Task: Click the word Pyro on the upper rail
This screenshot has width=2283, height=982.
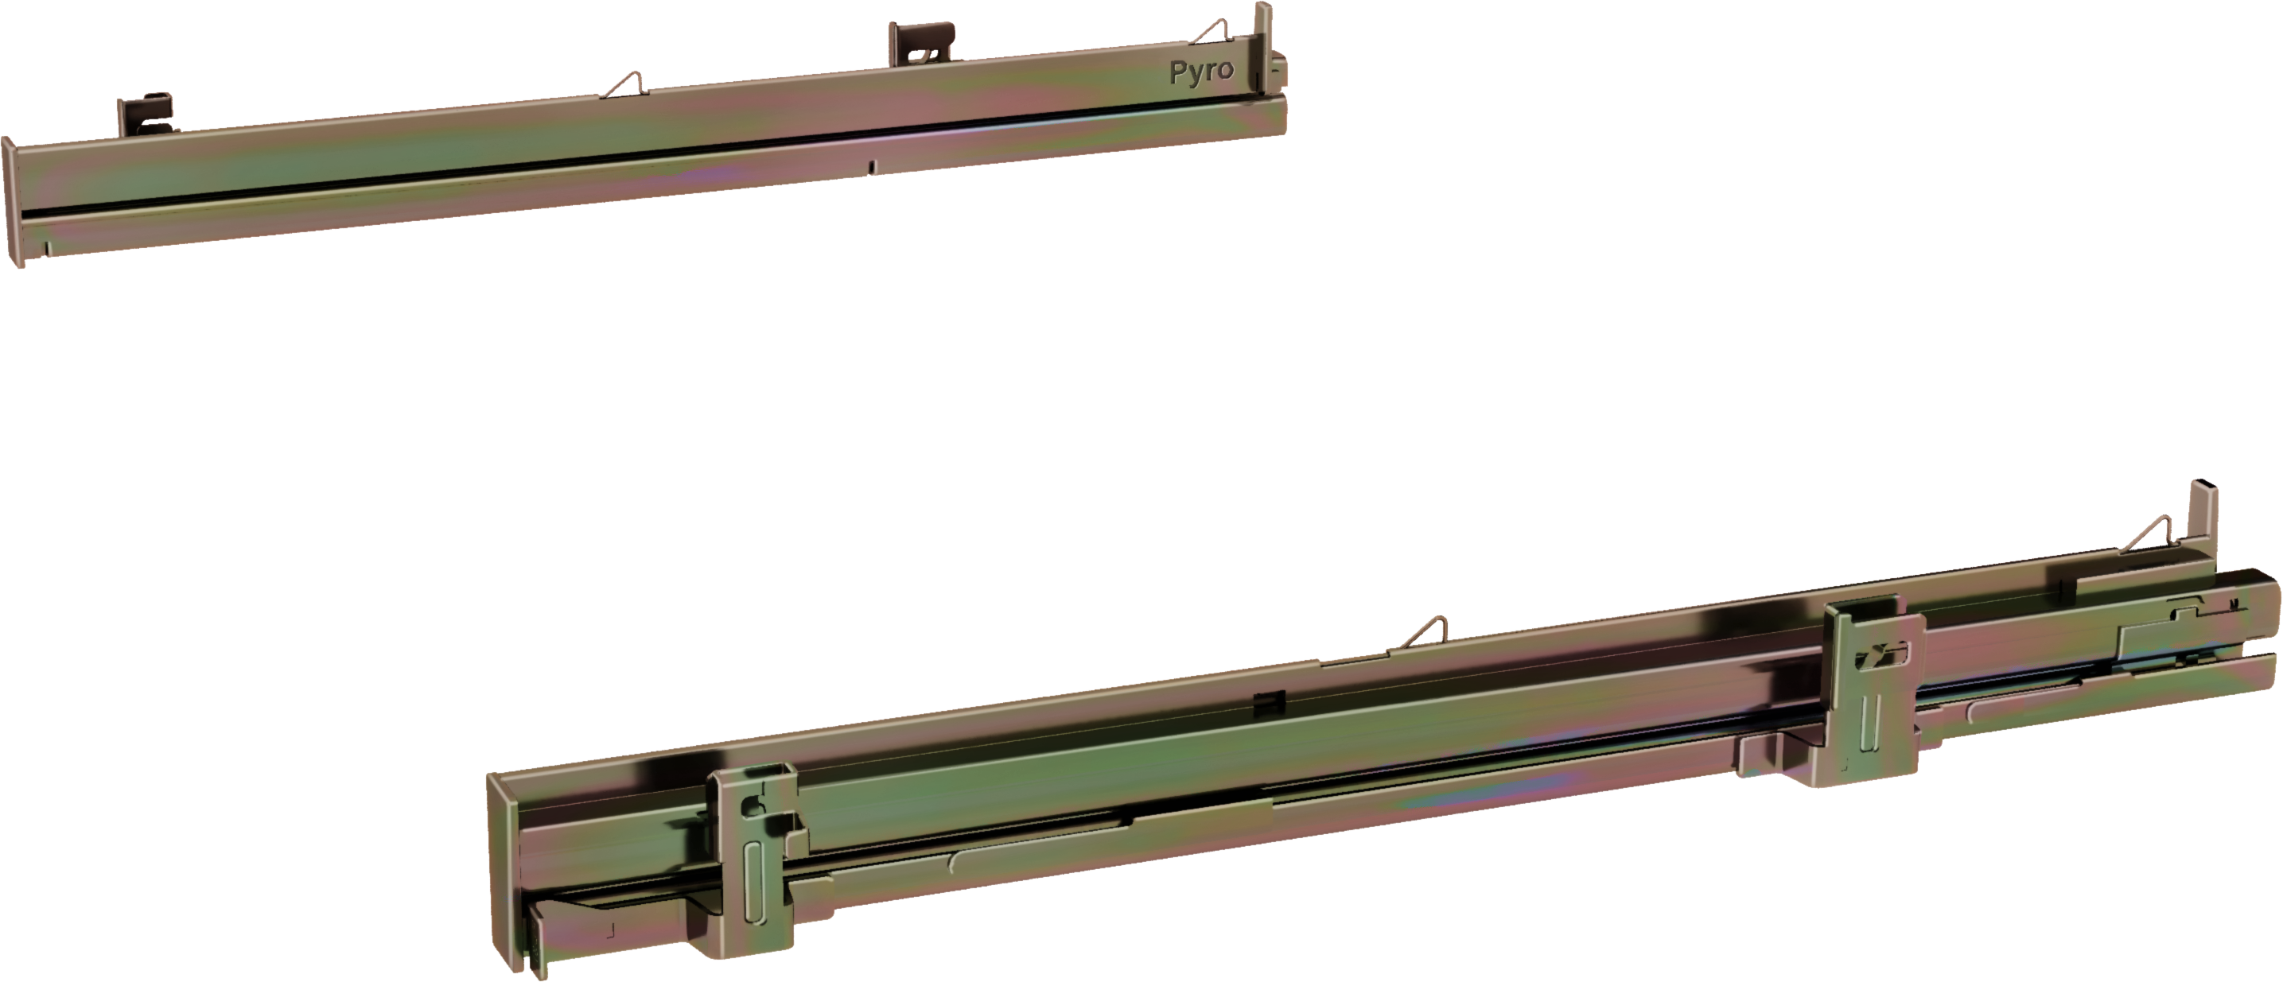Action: (1201, 72)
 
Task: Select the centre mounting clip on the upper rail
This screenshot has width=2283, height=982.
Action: (922, 44)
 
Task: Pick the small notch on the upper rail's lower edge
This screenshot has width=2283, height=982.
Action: (871, 165)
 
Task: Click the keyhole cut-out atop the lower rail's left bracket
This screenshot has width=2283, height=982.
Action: (753, 805)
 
